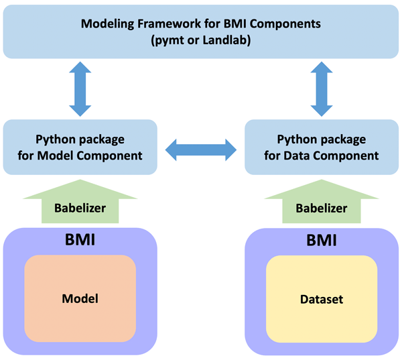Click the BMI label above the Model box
pyautogui.click(x=80, y=239)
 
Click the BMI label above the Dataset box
pyautogui.click(x=322, y=239)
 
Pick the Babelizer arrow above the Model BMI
pyautogui.click(x=80, y=201)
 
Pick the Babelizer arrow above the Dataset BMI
pyautogui.click(x=322, y=201)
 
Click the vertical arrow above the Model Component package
pyautogui.click(x=80, y=88)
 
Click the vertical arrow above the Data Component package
pyautogui.click(x=322, y=88)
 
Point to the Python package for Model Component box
pyautogui.click(x=80, y=147)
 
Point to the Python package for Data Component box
pyautogui.click(x=322, y=147)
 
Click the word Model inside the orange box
pyautogui.click(x=80, y=299)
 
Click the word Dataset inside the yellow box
pyautogui.click(x=322, y=300)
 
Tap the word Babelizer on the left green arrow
pyautogui.click(x=80, y=208)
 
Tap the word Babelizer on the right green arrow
pyautogui.click(x=322, y=208)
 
